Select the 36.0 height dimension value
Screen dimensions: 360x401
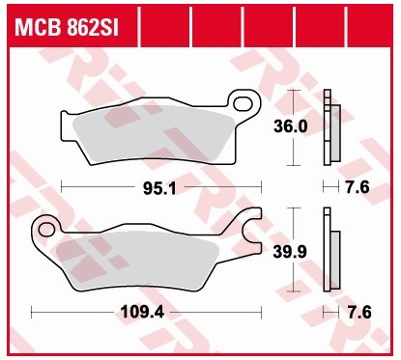coord(292,127)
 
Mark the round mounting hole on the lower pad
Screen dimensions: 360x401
coord(45,228)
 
